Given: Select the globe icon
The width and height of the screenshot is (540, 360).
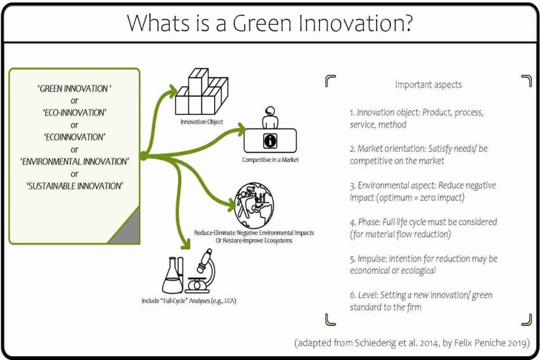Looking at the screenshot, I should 254,205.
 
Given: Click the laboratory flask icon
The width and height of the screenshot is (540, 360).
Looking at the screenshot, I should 172,274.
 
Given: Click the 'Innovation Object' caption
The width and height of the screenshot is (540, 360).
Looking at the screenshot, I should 201,122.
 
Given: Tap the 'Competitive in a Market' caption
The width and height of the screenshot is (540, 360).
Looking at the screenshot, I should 270,160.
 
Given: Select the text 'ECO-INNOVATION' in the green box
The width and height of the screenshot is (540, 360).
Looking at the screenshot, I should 74,113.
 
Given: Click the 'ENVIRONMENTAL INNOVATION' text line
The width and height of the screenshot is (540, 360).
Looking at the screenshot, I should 74,161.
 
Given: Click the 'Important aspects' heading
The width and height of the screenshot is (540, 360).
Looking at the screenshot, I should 428,84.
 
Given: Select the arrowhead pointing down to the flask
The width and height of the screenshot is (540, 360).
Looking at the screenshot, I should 185,244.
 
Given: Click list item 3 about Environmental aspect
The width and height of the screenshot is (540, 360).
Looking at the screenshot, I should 422,191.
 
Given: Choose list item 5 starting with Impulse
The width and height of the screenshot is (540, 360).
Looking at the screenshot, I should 423,265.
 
